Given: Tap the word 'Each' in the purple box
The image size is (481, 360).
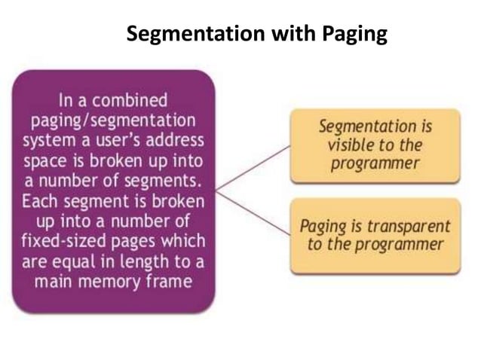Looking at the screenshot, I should click(x=44, y=202).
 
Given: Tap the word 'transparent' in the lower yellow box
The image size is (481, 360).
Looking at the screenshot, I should click(x=411, y=225).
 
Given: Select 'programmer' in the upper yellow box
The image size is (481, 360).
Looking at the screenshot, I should click(x=375, y=163).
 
